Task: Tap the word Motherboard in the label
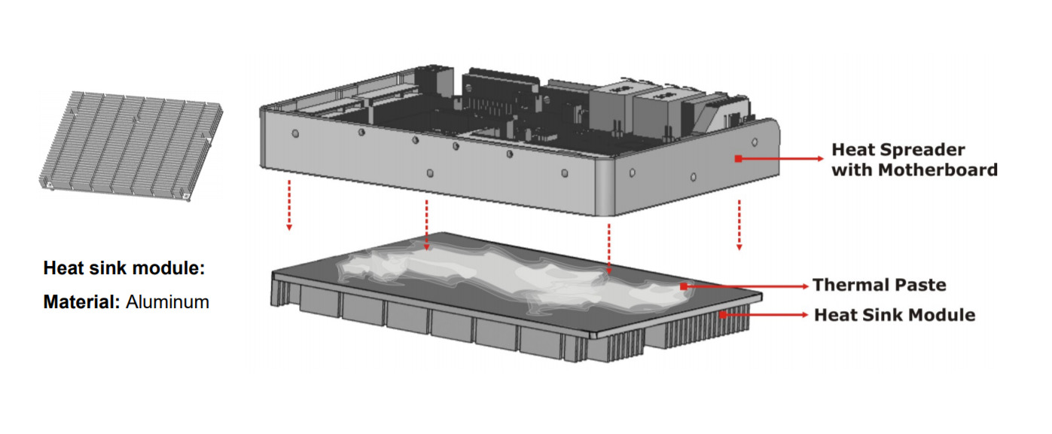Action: (938, 170)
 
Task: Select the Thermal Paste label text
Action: (879, 285)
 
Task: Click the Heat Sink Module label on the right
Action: (895, 315)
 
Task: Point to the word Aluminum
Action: (168, 302)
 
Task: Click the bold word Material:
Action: (82, 302)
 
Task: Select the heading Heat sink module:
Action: (124, 268)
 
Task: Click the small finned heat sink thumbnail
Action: (131, 146)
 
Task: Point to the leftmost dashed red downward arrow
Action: (289, 205)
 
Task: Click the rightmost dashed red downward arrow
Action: (739, 225)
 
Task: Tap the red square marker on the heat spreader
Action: (738, 159)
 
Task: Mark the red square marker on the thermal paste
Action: (683, 286)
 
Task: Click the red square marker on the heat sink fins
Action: (723, 315)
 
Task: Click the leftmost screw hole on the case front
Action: (295, 134)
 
